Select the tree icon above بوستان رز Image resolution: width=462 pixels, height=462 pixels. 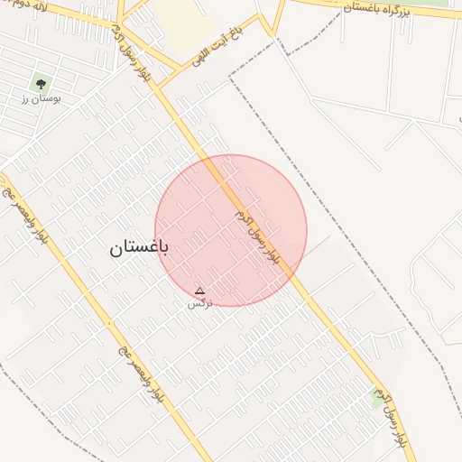click(x=40, y=84)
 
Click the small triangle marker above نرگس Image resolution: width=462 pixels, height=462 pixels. click(x=199, y=291)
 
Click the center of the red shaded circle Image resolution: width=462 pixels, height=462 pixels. click(x=231, y=230)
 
